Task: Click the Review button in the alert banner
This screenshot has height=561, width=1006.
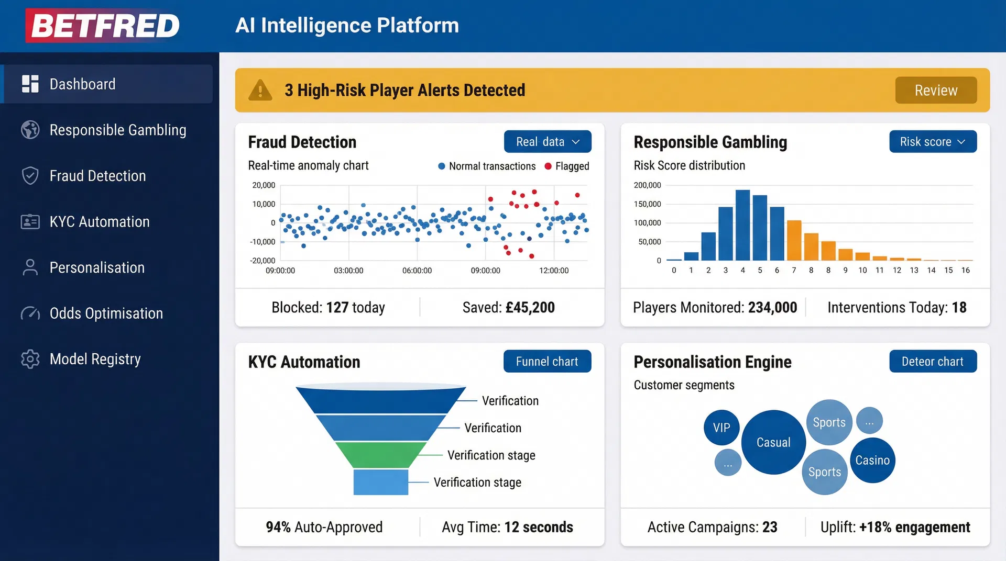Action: pos(936,90)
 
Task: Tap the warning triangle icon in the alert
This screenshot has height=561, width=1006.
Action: pos(260,90)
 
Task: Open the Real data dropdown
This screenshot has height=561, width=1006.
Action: pos(548,142)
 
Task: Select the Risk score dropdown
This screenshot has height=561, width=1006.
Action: pos(933,142)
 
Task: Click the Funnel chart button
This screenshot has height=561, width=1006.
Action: pos(547,362)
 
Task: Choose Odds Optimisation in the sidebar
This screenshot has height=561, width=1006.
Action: pos(106,313)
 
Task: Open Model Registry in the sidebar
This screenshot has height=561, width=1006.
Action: pos(95,359)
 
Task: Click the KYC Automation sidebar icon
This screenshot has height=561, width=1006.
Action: pos(30,222)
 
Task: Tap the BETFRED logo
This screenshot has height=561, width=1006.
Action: pos(103,25)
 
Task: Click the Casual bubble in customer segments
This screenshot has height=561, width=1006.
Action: pos(773,443)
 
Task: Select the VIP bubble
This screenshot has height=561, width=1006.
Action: pos(721,428)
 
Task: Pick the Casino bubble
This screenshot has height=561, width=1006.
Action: pos(872,461)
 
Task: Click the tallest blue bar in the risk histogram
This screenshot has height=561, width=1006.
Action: pos(742,225)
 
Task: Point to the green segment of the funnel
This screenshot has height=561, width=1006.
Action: pos(380,454)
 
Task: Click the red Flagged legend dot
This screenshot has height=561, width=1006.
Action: pos(548,166)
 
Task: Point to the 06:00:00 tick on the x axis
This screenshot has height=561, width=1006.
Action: pos(417,271)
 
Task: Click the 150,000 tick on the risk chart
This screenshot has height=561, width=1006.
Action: pos(647,204)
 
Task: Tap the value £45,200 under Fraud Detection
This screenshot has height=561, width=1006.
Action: pos(530,308)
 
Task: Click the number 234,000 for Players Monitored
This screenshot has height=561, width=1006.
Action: pos(772,308)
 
